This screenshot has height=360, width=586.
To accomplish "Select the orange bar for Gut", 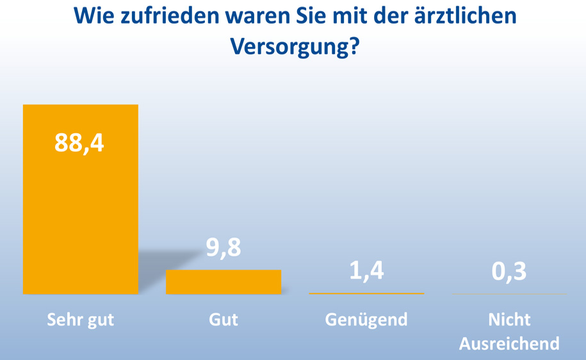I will coord(224,282).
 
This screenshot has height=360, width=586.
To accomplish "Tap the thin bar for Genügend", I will coord(366,293).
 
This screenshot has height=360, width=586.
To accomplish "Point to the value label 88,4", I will coord(79,143).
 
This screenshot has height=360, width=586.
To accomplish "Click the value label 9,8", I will coord(224,248).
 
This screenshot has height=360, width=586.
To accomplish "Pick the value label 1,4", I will coord(366,271).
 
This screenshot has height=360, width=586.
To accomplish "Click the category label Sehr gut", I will coord(80,320).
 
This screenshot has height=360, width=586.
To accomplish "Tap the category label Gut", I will coord(224,320).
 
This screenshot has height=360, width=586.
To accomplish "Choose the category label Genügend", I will coord(366,320).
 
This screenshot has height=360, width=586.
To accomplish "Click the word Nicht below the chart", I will coord(509,320).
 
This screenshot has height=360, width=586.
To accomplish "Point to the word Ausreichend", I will coord(509,343).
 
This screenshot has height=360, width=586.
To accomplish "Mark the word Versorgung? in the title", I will coord(293,45).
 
